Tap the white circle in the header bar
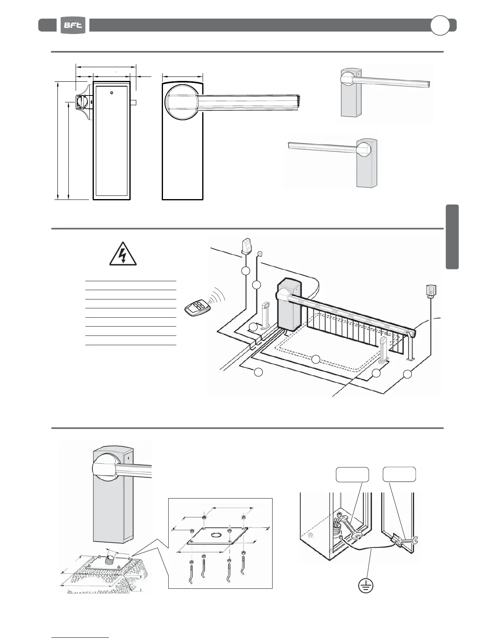coord(440,25)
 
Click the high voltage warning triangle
coord(123,255)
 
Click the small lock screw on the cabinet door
coord(112,93)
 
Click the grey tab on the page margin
coord(452,237)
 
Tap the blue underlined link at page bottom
coord(80,637)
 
